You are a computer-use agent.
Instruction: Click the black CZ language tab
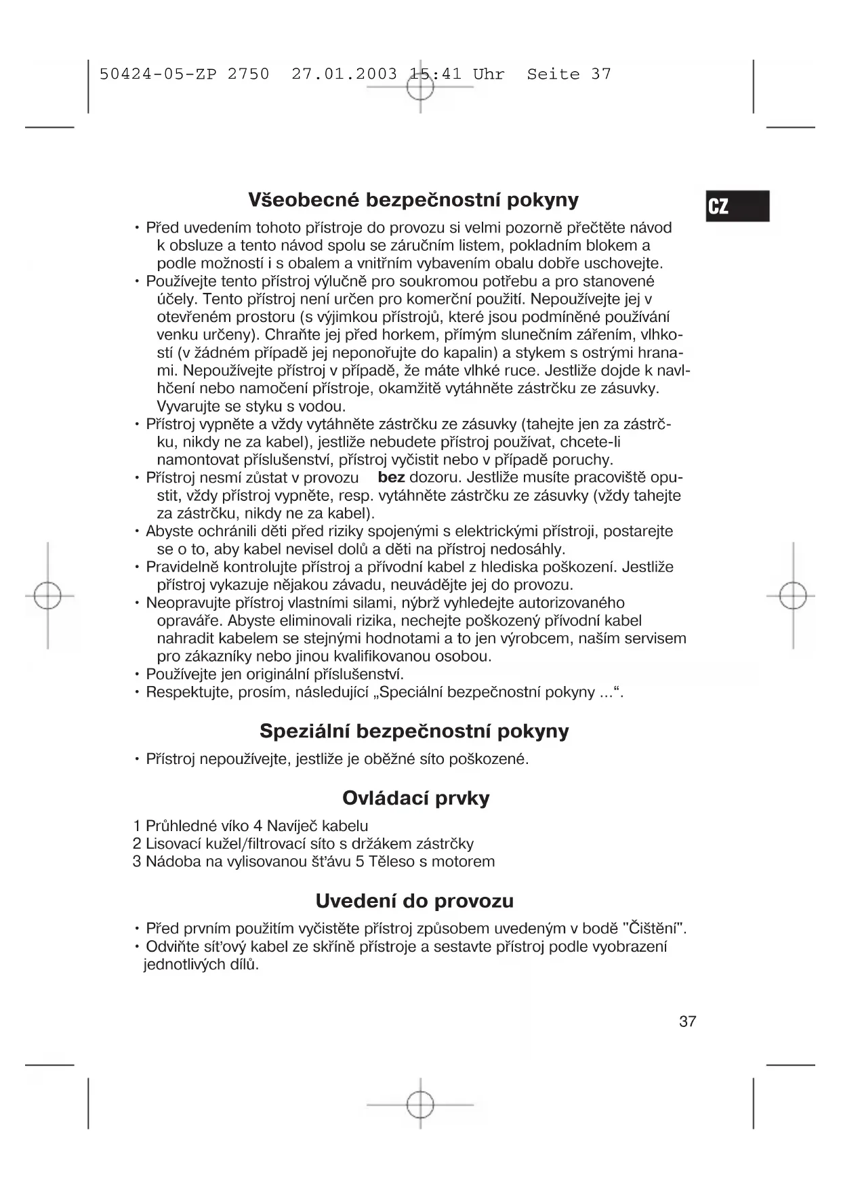click(737, 206)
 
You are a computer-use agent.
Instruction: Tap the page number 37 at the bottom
click(687, 1022)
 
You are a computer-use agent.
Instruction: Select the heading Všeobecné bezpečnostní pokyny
click(413, 200)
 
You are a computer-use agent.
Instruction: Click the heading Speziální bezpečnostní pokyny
click(414, 731)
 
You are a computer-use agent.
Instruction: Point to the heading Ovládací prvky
click(415, 798)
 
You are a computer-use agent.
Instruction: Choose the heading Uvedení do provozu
click(414, 901)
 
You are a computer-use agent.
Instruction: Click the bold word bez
click(391, 478)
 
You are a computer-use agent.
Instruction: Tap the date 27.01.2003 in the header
click(344, 74)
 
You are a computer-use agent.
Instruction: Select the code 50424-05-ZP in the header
click(158, 74)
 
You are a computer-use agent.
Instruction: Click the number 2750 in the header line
click(248, 74)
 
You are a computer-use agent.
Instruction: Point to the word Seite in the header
click(553, 74)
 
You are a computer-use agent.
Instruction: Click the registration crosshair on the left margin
click(47, 596)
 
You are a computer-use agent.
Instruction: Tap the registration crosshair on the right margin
click(792, 596)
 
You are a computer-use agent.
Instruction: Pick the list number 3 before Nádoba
click(137, 862)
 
